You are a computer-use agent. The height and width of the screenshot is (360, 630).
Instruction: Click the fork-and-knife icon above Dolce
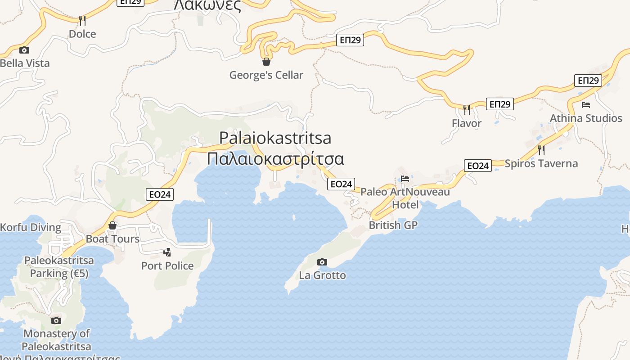[82, 20]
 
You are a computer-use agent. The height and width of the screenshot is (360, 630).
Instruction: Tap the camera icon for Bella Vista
[24, 50]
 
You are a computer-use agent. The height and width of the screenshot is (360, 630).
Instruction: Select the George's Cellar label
[266, 75]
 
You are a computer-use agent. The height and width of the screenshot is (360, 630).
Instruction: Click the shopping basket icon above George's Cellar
[266, 62]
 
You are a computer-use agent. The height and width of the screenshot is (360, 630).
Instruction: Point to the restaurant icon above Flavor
[467, 109]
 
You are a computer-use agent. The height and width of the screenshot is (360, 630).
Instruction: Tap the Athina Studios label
[586, 118]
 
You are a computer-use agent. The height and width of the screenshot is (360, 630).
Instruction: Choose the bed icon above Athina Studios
[586, 105]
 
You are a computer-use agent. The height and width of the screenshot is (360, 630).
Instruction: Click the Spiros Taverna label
[541, 163]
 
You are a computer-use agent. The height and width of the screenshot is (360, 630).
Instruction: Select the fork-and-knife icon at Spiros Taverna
[541, 150]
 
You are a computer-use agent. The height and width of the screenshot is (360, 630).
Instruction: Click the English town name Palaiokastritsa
[275, 138]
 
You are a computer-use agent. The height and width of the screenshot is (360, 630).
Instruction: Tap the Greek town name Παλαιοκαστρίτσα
[275, 159]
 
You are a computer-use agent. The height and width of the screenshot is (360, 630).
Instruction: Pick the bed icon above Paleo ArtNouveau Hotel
[405, 178]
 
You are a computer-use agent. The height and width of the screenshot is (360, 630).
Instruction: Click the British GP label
[393, 225]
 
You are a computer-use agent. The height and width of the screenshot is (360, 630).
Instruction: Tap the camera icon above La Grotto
[322, 262]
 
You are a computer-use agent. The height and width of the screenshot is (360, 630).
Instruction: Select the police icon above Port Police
[167, 252]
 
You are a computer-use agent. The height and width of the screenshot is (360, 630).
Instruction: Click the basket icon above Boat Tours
[112, 225]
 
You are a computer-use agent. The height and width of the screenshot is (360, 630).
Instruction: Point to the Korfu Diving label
[31, 227]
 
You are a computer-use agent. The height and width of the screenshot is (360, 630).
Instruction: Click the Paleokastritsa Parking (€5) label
[59, 267]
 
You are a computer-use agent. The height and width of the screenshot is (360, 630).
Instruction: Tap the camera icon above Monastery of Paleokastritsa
[56, 320]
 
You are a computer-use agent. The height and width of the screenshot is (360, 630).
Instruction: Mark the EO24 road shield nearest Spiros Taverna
[478, 166]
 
